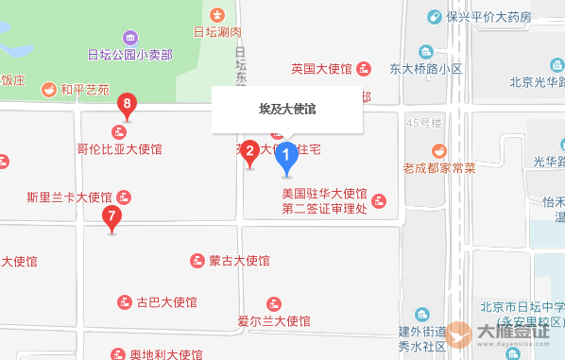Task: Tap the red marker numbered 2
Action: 249,151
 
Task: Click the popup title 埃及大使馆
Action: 287,110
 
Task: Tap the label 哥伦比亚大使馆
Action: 120,149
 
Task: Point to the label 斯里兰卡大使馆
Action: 70,197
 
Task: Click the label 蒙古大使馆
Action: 240,260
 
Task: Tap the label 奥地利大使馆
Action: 166,354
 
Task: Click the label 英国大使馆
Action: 321,68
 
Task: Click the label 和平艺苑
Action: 85,91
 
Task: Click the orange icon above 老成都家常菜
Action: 439,149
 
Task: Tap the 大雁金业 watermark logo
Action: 499,334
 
